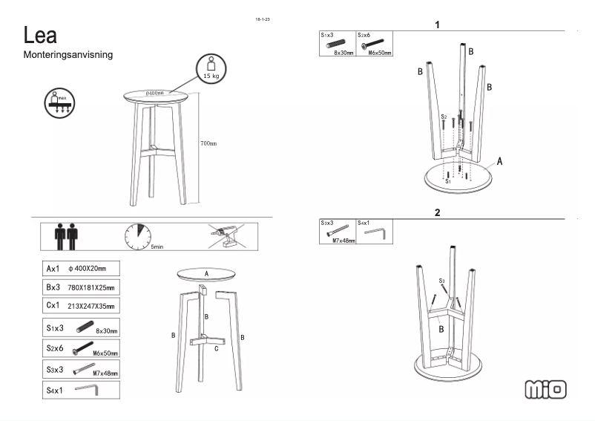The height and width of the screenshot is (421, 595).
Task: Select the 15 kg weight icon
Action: pos(209,68)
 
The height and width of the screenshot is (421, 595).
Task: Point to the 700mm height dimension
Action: pos(208,143)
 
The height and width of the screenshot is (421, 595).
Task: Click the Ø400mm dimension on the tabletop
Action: pos(154,93)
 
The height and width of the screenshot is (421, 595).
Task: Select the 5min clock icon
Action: pos(138,236)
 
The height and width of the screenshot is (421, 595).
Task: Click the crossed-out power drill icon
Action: pos(227,235)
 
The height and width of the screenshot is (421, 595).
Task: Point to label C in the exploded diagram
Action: pos(216,348)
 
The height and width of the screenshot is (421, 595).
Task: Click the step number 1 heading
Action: pos(437,25)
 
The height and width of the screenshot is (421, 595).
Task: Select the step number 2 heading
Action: pos(437,212)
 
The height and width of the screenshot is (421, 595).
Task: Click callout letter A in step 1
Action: pos(500,160)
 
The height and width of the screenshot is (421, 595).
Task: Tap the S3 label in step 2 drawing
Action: pos(441,281)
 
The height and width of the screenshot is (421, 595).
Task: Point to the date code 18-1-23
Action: pos(262,19)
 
